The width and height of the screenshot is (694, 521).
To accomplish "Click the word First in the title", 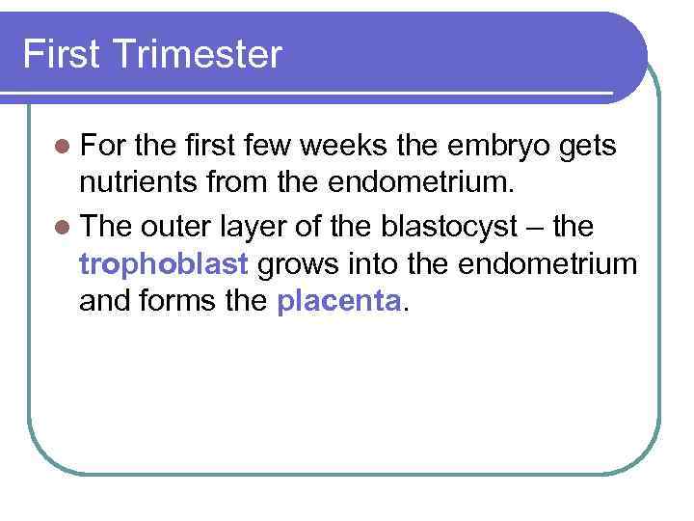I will point(60,54).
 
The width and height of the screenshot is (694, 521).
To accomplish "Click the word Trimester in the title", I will point(197,54).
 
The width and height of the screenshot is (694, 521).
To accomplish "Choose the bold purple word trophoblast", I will point(165,262).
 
